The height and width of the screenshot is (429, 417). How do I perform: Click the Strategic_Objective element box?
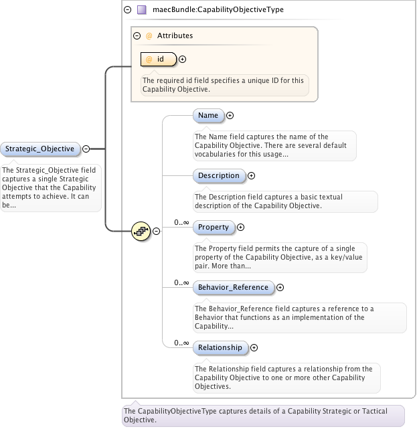tap(40, 149)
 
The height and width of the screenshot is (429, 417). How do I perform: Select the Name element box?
tap(208, 116)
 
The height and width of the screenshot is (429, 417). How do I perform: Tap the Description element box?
tap(219, 175)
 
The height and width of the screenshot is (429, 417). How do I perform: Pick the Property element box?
tap(214, 227)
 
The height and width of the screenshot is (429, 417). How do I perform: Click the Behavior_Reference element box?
tap(234, 287)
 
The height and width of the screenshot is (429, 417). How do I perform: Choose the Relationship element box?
tap(220, 347)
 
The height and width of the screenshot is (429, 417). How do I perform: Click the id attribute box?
tap(159, 59)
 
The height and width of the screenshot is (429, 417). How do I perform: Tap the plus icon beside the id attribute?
tap(182, 59)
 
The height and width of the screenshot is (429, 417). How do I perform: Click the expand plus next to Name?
tap(230, 116)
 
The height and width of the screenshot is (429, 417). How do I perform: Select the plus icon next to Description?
tap(251, 175)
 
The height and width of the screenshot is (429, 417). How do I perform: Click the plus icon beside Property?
tap(240, 227)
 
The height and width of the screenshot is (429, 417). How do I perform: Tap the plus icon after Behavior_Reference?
tap(280, 287)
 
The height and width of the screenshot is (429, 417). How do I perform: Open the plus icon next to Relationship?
tap(254, 347)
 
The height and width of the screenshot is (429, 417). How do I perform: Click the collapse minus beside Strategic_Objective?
tap(86, 149)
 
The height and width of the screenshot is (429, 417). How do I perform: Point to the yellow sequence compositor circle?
tap(141, 231)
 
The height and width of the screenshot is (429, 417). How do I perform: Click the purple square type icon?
tap(141, 10)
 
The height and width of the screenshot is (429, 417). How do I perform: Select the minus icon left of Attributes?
tap(137, 35)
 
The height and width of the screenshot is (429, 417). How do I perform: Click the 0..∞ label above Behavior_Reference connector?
tap(181, 282)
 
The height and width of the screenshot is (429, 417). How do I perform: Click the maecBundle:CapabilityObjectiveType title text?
tap(218, 9)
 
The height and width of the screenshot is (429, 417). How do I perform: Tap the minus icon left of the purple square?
tap(127, 10)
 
